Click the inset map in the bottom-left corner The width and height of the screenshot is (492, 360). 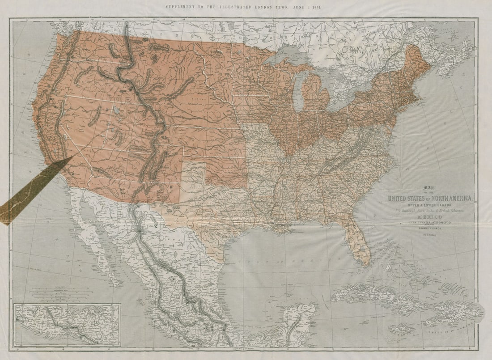tap(67, 324)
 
